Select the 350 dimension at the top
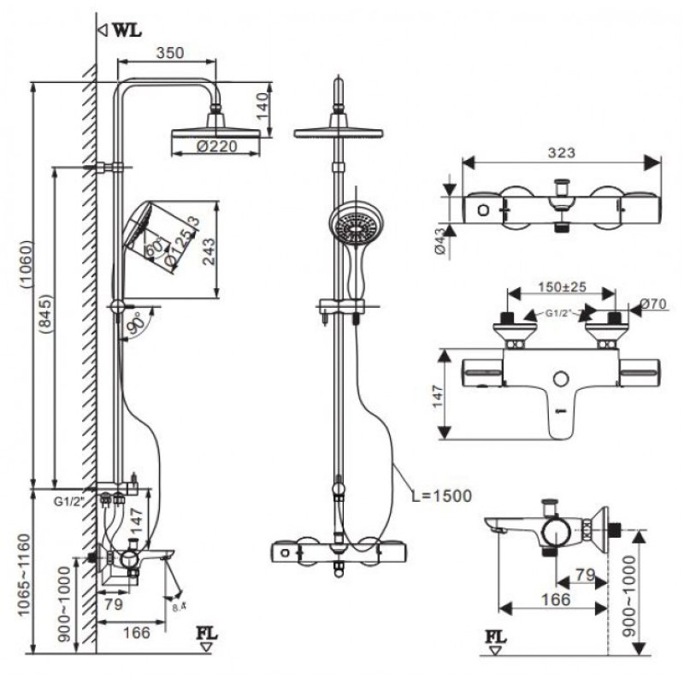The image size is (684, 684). (171, 52)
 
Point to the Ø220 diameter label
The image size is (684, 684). (215, 147)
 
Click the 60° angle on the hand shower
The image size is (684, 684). (153, 249)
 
